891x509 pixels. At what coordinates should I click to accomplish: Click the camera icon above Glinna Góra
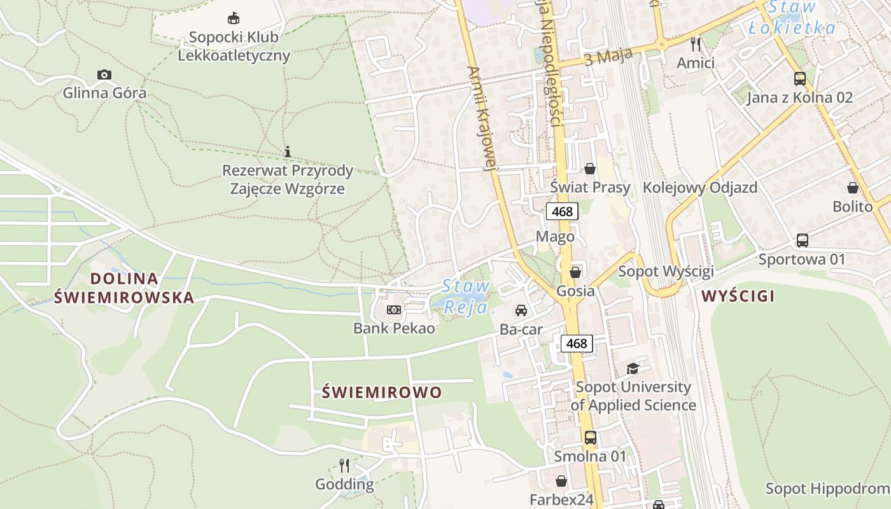pyautogui.click(x=104, y=75)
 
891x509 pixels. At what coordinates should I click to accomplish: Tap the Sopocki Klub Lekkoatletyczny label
pyautogui.click(x=234, y=46)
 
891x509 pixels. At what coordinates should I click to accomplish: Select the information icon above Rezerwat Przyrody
pyautogui.click(x=288, y=151)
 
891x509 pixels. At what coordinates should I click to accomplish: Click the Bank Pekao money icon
pyautogui.click(x=394, y=310)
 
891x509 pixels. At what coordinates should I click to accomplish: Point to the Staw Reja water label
pyautogui.click(x=466, y=296)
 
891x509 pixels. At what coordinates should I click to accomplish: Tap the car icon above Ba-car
pyautogui.click(x=521, y=310)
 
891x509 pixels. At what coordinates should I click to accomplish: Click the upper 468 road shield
pyautogui.click(x=562, y=211)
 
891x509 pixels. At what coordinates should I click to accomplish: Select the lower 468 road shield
pyautogui.click(x=577, y=344)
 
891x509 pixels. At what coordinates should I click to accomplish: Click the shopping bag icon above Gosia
pyautogui.click(x=575, y=272)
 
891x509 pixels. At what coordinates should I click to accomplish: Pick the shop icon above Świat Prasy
pyautogui.click(x=590, y=169)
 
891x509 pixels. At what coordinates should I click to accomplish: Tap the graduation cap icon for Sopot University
pyautogui.click(x=633, y=368)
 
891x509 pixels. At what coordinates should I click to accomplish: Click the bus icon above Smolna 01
pyautogui.click(x=590, y=438)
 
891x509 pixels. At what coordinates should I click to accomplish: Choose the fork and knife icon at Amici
pyautogui.click(x=696, y=44)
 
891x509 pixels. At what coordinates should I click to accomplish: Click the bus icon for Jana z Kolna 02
pyautogui.click(x=800, y=79)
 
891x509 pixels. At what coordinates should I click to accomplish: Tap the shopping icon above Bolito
pyautogui.click(x=853, y=188)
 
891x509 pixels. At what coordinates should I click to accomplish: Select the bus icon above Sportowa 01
pyautogui.click(x=802, y=241)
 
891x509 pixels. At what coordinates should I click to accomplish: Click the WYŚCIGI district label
pyautogui.click(x=738, y=296)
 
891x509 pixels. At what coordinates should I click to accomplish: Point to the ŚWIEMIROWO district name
pyautogui.click(x=382, y=392)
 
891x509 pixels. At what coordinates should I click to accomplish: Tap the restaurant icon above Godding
pyautogui.click(x=344, y=465)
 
